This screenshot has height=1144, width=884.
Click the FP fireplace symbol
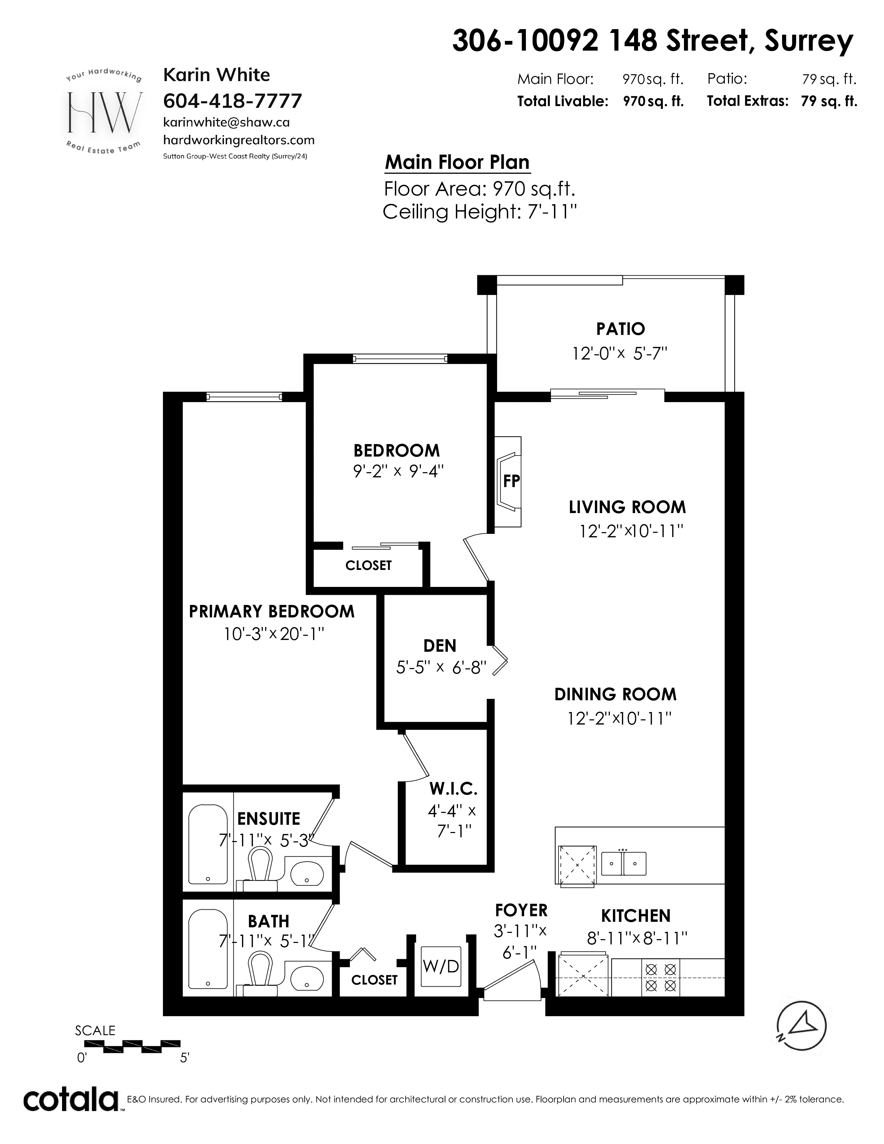coord(508,482)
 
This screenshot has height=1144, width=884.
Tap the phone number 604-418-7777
coord(233,101)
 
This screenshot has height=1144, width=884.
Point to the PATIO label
coord(621,329)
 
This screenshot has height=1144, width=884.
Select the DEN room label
coord(440,645)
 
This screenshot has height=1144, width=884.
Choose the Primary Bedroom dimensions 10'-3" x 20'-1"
coord(274,634)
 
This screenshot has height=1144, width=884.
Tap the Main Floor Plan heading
coord(457,162)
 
